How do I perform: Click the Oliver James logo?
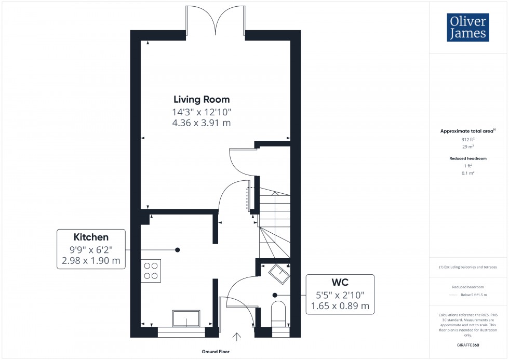(467, 27)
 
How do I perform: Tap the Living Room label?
(202, 99)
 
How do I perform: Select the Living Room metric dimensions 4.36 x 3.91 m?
(202, 123)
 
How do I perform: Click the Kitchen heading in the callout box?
(91, 236)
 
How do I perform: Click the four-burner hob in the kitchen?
(151, 271)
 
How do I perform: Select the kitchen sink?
(186, 318)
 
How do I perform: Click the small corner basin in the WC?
(279, 273)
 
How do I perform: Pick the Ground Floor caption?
(216, 352)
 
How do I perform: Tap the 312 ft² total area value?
(468, 139)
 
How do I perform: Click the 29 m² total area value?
(468, 147)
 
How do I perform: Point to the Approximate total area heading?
(467, 131)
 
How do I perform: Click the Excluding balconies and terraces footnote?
(468, 267)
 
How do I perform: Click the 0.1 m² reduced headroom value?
(468, 173)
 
